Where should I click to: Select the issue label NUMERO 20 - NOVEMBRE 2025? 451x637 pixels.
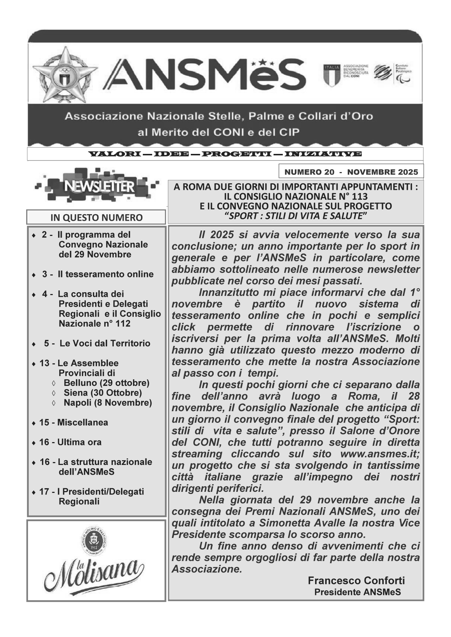[x=351, y=172]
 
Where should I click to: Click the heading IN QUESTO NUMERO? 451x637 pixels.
[x=96, y=218]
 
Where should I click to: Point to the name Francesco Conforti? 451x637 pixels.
[x=356, y=580]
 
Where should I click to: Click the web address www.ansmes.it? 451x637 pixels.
[x=379, y=454]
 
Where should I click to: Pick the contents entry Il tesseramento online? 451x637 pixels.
[x=105, y=274]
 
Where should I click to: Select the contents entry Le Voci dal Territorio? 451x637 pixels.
[x=105, y=343]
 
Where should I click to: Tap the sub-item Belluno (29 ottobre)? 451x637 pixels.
[x=106, y=383]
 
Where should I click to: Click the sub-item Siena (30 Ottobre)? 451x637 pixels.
[x=102, y=393]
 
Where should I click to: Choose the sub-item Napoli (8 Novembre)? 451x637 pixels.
[x=108, y=403]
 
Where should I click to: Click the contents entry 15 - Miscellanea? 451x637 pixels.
[x=73, y=422]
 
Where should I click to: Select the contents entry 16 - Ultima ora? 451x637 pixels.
[x=71, y=442]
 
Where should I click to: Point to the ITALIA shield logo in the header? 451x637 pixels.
[x=331, y=75]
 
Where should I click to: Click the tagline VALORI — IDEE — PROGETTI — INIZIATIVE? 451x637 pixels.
[x=225, y=154]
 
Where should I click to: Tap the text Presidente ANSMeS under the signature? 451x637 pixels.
[x=357, y=592]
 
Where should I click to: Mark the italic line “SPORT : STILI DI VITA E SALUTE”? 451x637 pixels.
[x=295, y=216]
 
